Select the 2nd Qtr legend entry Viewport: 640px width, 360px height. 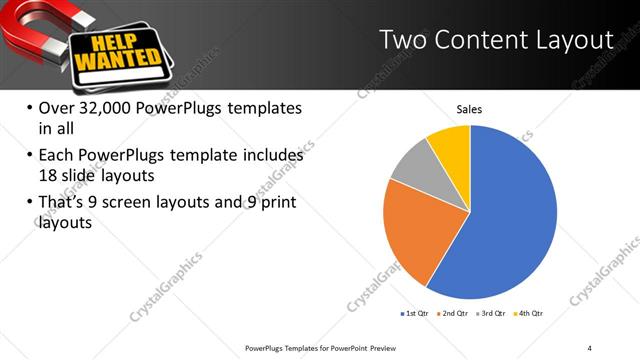pos(454,314)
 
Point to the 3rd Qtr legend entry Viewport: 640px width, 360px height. pos(492,314)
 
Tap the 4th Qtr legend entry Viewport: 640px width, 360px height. pos(529,314)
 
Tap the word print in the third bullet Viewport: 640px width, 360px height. pos(276,204)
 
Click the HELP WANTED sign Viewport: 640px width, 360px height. pos(117,50)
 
